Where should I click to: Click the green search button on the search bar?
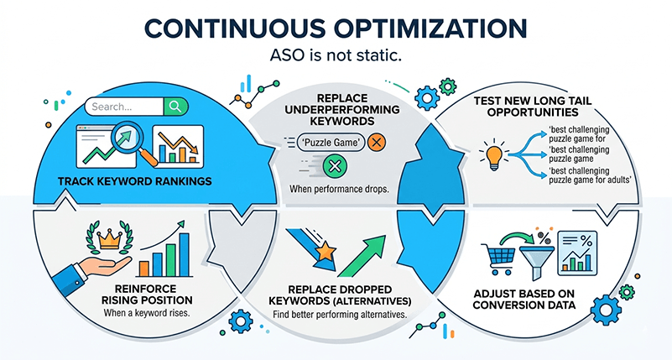click(175, 107)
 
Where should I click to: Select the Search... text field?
click(125, 107)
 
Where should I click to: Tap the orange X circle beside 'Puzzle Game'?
click(376, 142)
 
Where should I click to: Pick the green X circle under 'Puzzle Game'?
click(336, 167)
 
